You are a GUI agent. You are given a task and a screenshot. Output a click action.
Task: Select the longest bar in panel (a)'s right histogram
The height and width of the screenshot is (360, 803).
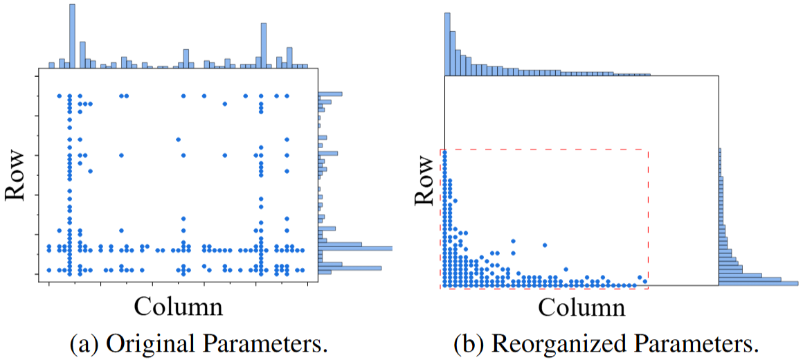[355, 248]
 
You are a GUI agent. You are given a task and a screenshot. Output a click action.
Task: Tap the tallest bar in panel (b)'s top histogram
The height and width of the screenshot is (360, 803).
[447, 44]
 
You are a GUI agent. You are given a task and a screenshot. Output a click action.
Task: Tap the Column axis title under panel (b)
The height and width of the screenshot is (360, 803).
[581, 307]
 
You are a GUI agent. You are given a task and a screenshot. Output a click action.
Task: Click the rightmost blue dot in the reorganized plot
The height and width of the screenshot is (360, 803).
[647, 280]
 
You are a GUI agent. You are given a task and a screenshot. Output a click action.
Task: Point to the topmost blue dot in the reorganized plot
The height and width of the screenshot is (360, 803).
[444, 152]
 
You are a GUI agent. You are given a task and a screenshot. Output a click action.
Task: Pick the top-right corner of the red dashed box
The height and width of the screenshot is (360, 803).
[648, 150]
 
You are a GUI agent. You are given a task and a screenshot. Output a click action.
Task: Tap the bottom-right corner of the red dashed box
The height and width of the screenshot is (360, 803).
[648, 288]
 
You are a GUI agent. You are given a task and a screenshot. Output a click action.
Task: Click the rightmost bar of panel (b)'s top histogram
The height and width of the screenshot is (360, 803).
[647, 75]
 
